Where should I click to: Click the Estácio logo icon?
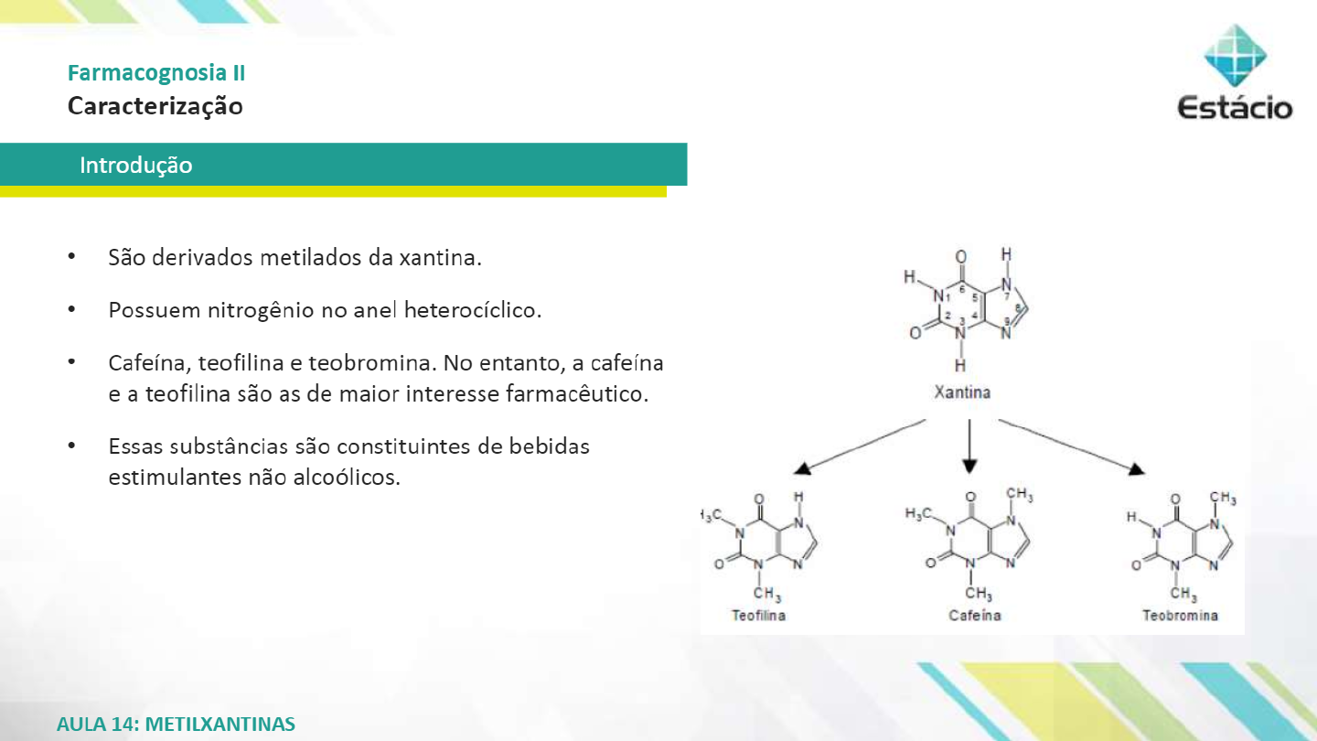point(1235,57)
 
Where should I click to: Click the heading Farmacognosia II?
point(156,73)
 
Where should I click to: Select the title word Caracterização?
point(155,106)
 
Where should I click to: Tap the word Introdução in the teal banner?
point(136,166)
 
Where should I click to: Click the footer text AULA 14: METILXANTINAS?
point(176,725)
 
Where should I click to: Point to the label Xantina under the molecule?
point(962,392)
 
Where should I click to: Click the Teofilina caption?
point(758,616)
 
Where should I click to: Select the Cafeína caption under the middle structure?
point(975,616)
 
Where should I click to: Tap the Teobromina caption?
point(1180,616)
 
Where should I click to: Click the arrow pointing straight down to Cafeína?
point(969,447)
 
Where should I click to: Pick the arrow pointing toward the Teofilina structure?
point(860,446)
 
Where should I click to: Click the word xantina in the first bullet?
point(440,257)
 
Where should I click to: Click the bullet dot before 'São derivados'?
point(71,257)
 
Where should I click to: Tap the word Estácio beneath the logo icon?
point(1235,108)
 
